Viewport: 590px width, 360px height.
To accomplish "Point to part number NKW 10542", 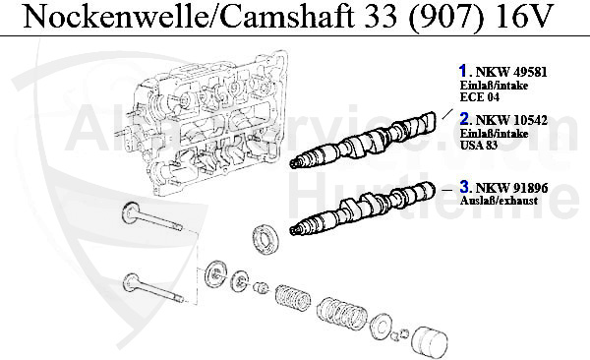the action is pos(511,119).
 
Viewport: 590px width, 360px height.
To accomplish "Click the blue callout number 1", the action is pos(462,71).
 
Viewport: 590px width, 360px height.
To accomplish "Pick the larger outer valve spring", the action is pos(339,314).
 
